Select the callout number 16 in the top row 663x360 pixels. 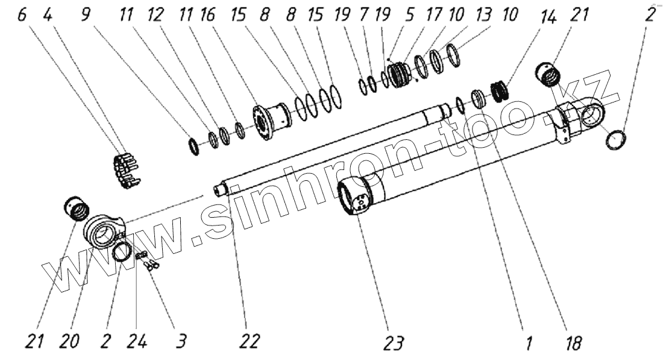coord(207,14)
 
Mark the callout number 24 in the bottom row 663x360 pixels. coord(137,342)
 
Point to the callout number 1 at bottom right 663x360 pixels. coord(528,343)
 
